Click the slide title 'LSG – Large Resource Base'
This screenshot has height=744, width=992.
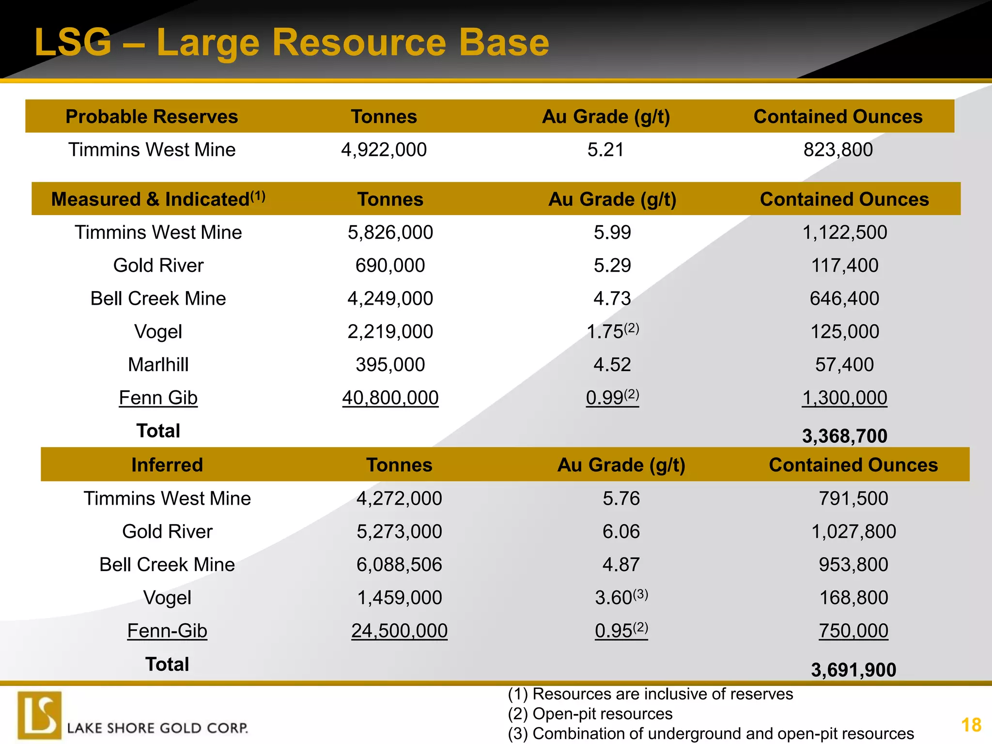(x=292, y=43)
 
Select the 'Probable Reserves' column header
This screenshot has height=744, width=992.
(x=152, y=117)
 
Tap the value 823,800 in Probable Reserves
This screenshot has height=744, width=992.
(x=838, y=150)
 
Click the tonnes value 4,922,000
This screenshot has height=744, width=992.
(x=384, y=150)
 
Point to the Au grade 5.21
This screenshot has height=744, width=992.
(x=605, y=150)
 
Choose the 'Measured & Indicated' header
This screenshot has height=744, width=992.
(x=158, y=199)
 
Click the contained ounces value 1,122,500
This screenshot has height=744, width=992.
(x=845, y=232)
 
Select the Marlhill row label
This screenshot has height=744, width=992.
(x=158, y=365)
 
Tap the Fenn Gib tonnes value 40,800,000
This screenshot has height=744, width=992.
(x=390, y=398)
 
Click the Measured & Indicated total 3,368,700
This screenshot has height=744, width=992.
(x=845, y=436)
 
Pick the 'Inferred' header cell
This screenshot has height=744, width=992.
(x=167, y=465)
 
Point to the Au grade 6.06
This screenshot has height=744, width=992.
(x=621, y=532)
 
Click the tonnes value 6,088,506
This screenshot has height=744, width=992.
(x=399, y=565)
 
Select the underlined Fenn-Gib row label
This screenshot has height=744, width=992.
(x=167, y=631)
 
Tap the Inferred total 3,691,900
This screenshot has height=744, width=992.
(x=853, y=670)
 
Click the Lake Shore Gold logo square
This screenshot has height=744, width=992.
(x=40, y=715)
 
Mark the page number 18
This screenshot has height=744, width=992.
(x=971, y=725)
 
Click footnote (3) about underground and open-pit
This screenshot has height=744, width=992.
(x=711, y=734)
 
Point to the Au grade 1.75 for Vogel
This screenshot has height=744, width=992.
(x=605, y=332)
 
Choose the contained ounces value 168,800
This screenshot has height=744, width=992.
(x=853, y=598)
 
